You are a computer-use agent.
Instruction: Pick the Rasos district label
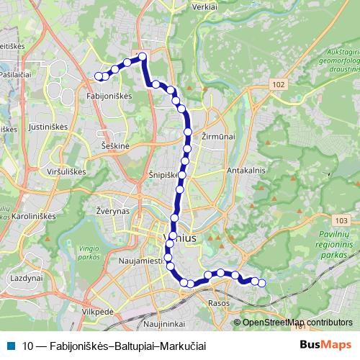pos(219,302)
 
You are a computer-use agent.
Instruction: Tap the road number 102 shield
pos(279,85)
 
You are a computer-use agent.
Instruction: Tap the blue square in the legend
pos(12,344)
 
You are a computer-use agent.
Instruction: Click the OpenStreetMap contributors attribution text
pos(297,323)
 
